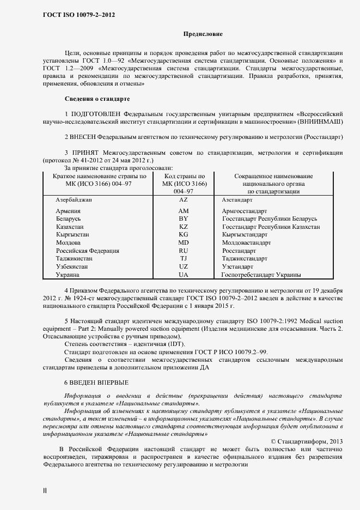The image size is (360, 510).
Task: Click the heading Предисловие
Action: [203, 34]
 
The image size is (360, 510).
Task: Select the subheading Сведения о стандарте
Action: [97, 99]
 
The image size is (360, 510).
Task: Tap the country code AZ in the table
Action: [183, 201]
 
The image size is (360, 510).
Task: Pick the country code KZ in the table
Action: [183, 227]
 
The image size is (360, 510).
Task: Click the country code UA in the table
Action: [183, 275]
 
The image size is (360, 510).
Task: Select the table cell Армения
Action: [68, 210]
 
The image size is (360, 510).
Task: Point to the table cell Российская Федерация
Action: [87, 251]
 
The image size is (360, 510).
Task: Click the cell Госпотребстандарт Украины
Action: [261, 275]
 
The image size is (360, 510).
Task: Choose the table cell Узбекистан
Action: [74, 267]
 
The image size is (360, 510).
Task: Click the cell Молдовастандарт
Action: [246, 242]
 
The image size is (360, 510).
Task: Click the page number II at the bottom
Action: [45, 490]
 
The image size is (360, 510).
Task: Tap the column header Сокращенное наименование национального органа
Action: [273, 184]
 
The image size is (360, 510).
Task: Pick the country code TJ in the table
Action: [183, 259]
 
